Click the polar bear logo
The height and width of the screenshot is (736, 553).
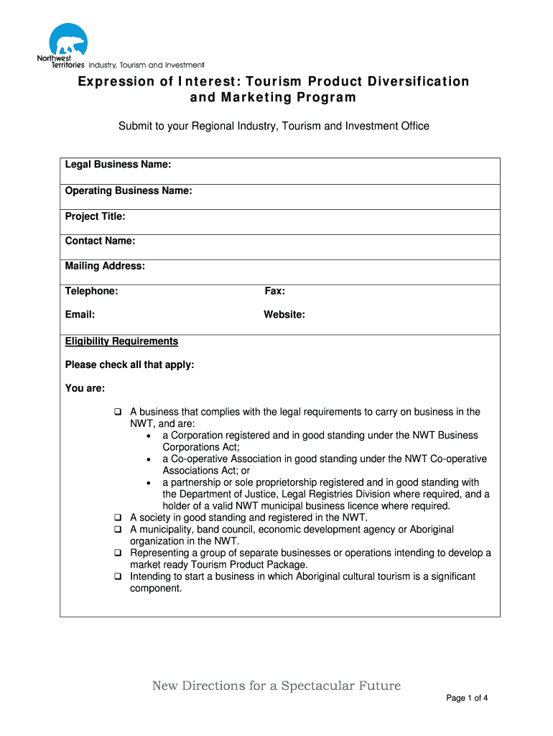[x=68, y=41]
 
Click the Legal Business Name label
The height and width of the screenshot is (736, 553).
[x=118, y=165]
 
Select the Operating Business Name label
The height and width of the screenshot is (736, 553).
[x=129, y=190]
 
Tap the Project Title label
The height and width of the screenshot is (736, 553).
[x=95, y=216]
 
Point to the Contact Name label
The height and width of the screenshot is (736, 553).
[x=100, y=241]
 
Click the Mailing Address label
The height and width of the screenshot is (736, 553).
[x=105, y=266]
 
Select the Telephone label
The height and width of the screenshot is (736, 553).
[x=91, y=291]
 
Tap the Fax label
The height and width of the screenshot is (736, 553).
[x=275, y=291]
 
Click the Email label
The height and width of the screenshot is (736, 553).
[x=80, y=314]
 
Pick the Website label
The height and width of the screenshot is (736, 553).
[x=284, y=314]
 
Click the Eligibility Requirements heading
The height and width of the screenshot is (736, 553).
[x=121, y=341]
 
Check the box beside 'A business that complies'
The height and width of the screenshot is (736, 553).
[x=118, y=413]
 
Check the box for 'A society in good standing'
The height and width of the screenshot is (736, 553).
[x=118, y=517]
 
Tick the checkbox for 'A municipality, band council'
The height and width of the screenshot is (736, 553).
[x=118, y=529]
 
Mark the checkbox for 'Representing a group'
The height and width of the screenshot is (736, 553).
[x=118, y=553]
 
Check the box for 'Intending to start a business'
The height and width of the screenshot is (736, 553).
[x=118, y=576]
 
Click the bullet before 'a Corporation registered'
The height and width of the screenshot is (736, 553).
[x=148, y=436]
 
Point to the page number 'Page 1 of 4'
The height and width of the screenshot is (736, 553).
[x=468, y=698]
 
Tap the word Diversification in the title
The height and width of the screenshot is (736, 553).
[x=408, y=81]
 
